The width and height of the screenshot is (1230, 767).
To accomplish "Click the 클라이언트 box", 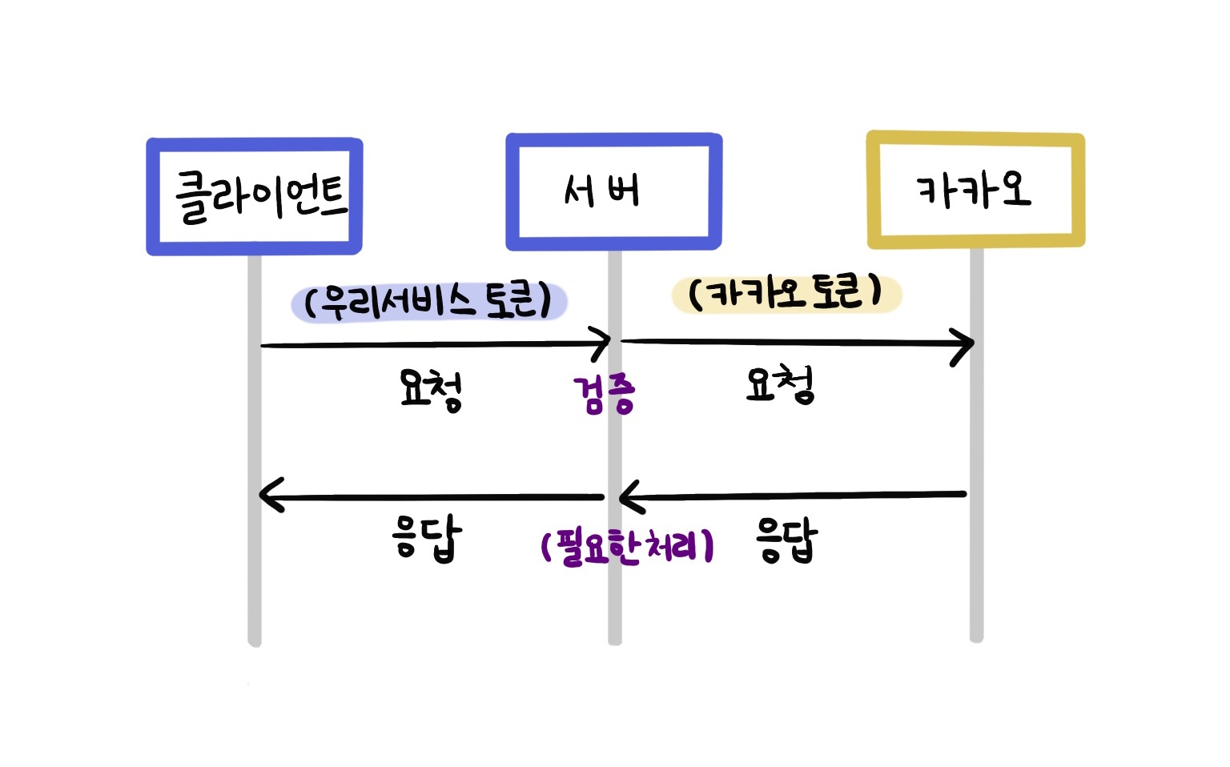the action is click(255, 196).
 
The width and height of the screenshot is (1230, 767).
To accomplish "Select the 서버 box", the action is click(613, 192).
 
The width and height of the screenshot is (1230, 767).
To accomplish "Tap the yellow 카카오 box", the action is click(975, 191).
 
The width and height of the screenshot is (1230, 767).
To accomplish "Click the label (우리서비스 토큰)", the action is click(428, 302).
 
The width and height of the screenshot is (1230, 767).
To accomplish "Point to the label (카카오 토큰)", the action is click(786, 293).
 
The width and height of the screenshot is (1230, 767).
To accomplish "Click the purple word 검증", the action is click(604, 395).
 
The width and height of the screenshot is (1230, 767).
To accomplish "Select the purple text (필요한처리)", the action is click(627, 548).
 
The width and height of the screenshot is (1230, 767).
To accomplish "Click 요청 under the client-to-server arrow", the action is click(431, 389).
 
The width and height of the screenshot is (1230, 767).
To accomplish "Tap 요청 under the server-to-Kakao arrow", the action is click(780, 385).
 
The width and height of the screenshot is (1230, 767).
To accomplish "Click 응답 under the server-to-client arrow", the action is click(427, 538).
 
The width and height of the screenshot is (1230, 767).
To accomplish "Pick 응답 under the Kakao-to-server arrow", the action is click(786, 541).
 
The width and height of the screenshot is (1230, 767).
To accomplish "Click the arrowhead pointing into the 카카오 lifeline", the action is click(965, 344).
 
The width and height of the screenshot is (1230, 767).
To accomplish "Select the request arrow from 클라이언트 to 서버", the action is click(432, 345).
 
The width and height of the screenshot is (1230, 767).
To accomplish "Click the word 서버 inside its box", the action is click(602, 192).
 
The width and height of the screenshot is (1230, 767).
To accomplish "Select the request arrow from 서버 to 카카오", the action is click(793, 343).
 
